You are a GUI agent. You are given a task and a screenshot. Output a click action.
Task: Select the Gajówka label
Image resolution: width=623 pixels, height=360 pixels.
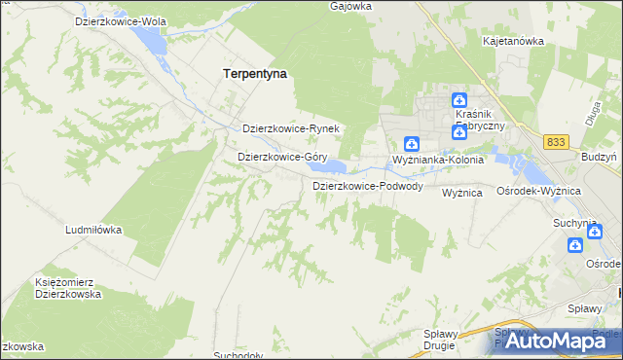(x=352, y=6)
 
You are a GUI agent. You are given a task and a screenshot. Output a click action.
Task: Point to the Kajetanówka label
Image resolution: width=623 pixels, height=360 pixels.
(x=513, y=42)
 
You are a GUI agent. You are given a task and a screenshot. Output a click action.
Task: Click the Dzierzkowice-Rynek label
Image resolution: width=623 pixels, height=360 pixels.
(x=289, y=128)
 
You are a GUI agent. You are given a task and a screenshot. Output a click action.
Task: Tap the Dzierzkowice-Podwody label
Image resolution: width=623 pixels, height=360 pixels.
(x=367, y=186)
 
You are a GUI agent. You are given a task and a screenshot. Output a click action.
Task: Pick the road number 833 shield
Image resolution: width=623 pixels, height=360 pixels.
(x=556, y=142)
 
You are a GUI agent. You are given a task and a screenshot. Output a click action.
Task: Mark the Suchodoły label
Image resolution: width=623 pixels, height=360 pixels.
(x=238, y=356)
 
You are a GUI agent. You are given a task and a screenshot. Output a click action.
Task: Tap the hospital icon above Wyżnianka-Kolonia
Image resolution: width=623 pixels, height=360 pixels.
(x=412, y=143)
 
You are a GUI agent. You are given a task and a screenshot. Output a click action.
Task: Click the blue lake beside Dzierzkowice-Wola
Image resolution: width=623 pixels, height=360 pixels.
(x=153, y=39)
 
